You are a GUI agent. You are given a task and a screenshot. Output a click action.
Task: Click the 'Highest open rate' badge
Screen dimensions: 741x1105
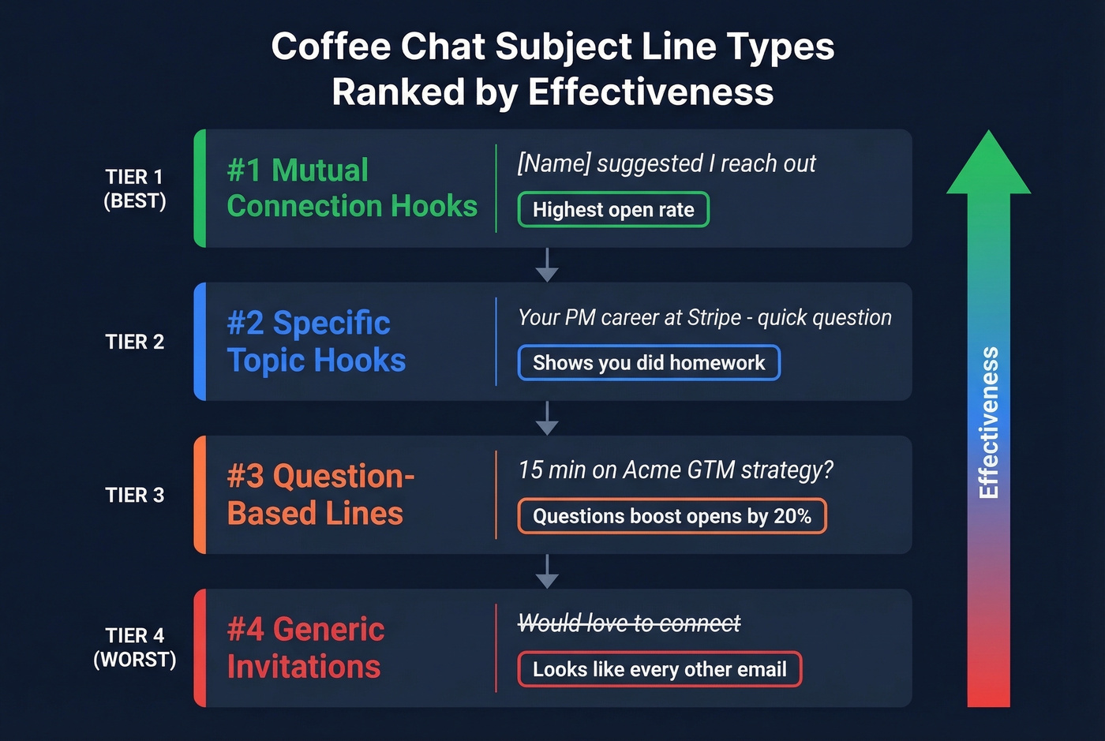(x=613, y=210)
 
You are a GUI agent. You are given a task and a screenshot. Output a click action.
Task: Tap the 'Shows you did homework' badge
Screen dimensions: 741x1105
(x=649, y=363)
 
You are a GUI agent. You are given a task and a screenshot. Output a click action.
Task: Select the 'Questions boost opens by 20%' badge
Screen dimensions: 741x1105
(x=672, y=516)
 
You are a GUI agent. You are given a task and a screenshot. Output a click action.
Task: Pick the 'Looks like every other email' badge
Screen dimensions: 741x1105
(x=659, y=669)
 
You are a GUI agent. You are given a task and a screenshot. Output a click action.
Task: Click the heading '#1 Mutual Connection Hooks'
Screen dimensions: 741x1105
(x=351, y=188)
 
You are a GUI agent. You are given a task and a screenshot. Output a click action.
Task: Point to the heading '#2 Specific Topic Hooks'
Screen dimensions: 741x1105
(x=317, y=341)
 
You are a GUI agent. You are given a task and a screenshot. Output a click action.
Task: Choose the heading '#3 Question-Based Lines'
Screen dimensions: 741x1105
(x=320, y=495)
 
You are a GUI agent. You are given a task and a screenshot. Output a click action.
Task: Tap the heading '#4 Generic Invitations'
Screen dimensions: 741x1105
(x=305, y=648)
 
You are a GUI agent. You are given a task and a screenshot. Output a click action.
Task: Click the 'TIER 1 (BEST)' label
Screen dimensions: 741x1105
(x=134, y=189)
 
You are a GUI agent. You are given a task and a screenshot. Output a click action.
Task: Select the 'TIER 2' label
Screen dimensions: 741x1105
(x=134, y=342)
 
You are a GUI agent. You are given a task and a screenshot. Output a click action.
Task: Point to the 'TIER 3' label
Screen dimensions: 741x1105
(x=134, y=495)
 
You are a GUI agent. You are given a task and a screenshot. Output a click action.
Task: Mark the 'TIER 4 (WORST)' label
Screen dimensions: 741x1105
(x=134, y=647)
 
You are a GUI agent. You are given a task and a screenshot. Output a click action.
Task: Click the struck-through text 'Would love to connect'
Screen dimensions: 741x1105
(x=629, y=623)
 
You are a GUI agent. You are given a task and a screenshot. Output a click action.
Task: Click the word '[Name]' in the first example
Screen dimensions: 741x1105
(x=553, y=163)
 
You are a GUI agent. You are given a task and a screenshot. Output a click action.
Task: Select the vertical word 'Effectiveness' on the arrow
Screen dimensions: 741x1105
(x=988, y=422)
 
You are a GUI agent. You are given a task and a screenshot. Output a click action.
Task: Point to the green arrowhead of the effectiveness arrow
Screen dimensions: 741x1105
(x=988, y=166)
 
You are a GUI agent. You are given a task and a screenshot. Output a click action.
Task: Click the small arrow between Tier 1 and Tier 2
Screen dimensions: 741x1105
(x=547, y=266)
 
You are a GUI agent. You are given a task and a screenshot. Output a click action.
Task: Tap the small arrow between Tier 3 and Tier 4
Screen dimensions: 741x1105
(x=547, y=572)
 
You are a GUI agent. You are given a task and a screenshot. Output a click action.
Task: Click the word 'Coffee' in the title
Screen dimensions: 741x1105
(x=331, y=47)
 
